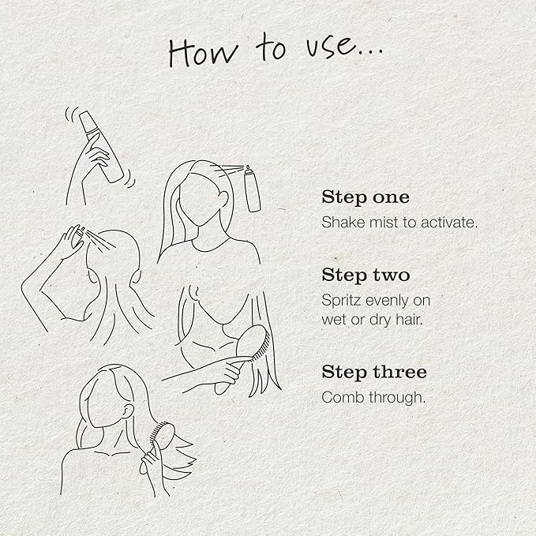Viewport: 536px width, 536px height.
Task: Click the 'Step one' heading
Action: point(365,197)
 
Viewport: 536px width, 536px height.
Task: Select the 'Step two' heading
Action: point(365,275)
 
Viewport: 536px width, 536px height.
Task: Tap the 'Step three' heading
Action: point(374,372)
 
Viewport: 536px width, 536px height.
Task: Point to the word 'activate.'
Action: point(449,223)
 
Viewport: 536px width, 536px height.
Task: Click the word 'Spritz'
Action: point(341,301)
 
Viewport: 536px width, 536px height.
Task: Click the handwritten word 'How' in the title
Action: point(203,52)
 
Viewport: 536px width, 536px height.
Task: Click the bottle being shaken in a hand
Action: point(101,146)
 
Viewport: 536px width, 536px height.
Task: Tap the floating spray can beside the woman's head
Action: point(252,189)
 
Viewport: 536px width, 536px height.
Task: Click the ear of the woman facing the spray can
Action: point(223,198)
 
